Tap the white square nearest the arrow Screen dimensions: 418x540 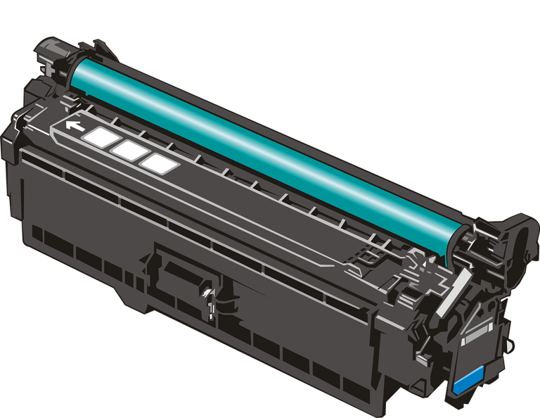pyautogui.click(x=98, y=137)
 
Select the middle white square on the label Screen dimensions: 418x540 pyautogui.click(x=128, y=150)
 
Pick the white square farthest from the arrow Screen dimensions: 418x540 pyautogui.click(x=159, y=163)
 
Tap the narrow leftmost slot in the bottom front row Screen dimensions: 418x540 pyautogui.click(x=37, y=232)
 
